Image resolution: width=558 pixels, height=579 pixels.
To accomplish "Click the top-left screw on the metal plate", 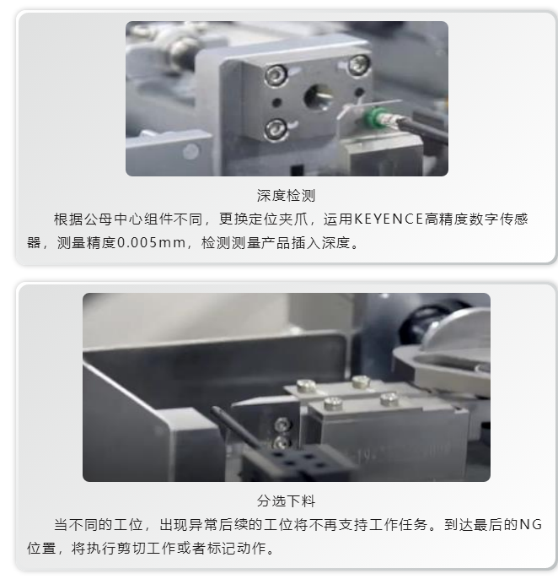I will [x=273, y=76].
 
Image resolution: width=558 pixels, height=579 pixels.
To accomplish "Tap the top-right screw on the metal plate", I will [x=359, y=62].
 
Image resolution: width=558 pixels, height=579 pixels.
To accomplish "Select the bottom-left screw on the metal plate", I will [x=274, y=129].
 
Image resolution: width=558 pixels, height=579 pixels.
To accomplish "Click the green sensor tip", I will [x=368, y=117].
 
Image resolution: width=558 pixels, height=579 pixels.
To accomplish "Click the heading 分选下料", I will [x=286, y=501].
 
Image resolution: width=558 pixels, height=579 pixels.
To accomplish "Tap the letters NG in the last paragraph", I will [x=529, y=525].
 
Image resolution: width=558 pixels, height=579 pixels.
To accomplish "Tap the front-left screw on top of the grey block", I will [x=334, y=404].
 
